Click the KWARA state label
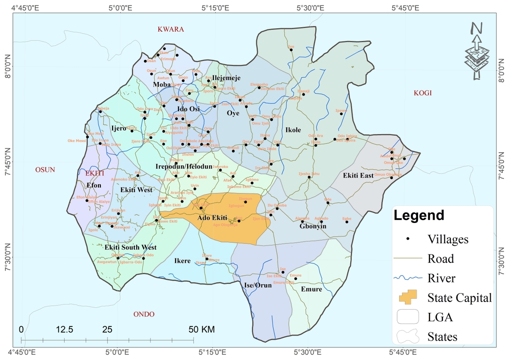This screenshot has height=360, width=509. click(171, 29)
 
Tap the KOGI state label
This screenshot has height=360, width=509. click(423, 93)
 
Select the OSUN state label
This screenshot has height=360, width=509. click(45, 170)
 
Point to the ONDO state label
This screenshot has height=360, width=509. click(144, 314)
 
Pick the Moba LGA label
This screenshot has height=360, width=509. click(162, 84)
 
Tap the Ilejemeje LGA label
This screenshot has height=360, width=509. click(226, 78)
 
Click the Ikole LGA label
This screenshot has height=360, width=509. click(293, 130)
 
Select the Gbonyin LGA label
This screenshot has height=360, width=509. click(313, 226)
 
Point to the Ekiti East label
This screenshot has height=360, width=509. click(358, 176)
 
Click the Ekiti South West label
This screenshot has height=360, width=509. click(131, 247)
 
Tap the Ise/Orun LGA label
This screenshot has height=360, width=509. click(258, 285)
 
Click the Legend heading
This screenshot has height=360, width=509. click(419, 216)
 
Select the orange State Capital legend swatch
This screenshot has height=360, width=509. click(408, 297)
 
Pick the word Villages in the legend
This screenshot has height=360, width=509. click(448, 239)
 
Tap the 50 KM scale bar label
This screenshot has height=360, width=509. click(202, 329)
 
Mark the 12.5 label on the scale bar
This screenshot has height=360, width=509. click(65, 329)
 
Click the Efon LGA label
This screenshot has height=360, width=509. click(94, 186)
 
